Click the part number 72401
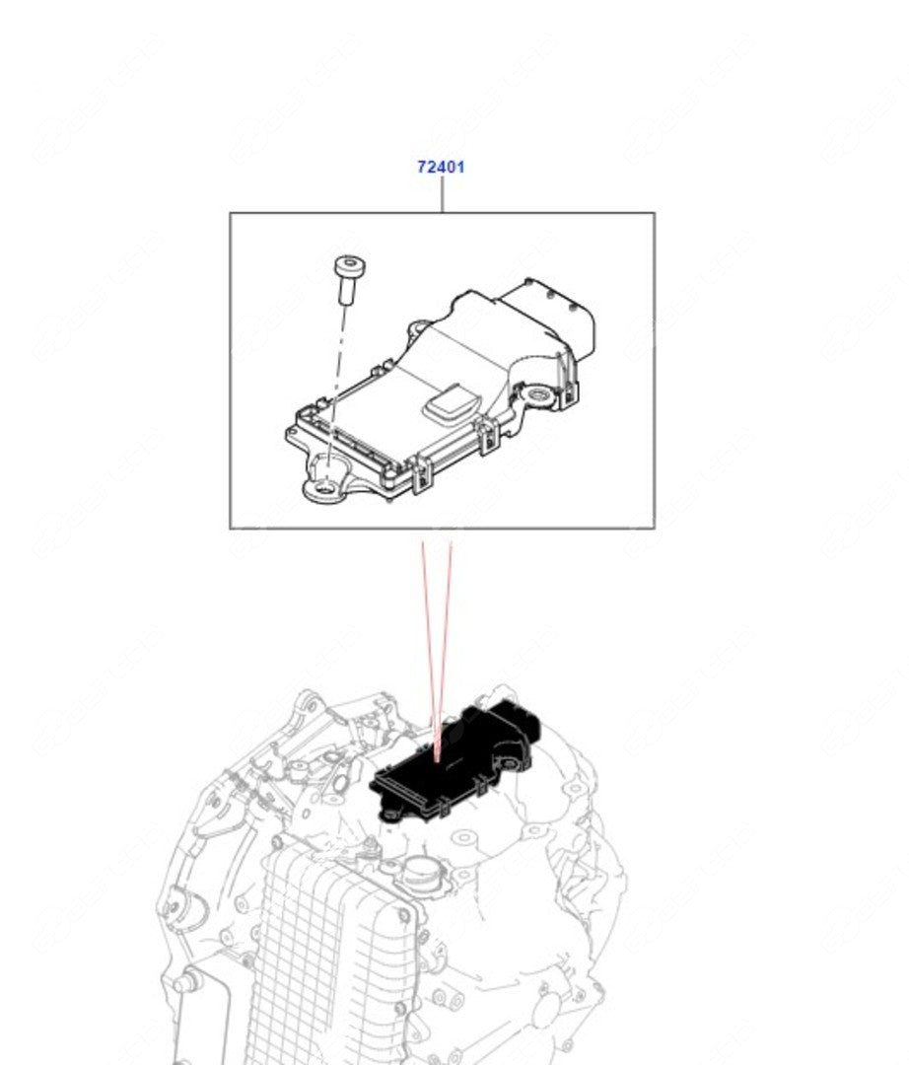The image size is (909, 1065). pyautogui.click(x=440, y=167)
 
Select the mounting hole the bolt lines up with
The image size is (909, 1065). pyautogui.click(x=323, y=485)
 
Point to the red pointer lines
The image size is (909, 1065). pyautogui.click(x=437, y=631)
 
